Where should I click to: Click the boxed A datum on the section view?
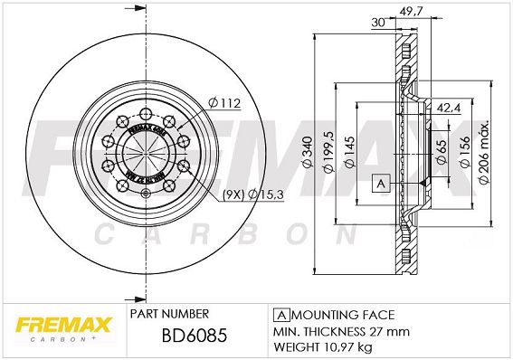(380, 184)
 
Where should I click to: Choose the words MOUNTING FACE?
(342, 315)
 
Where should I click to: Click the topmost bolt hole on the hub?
(145, 113)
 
